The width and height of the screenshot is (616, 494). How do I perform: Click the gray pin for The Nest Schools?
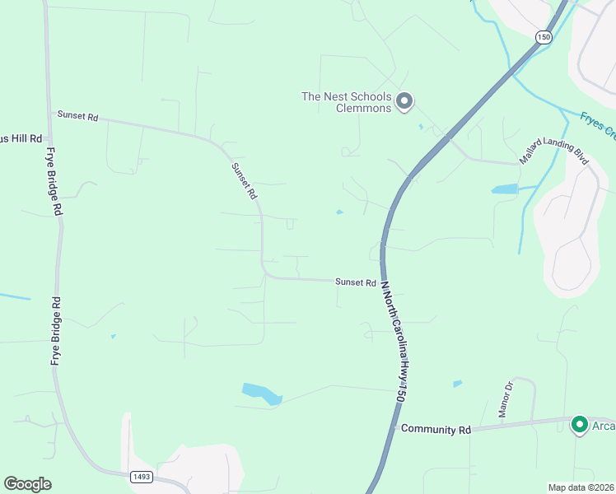(404, 102)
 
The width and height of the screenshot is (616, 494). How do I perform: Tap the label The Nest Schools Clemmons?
(346, 102)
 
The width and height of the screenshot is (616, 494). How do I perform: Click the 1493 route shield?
(140, 476)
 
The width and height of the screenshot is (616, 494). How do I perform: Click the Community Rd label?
(436, 429)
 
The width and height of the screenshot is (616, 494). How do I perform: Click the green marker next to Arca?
(579, 425)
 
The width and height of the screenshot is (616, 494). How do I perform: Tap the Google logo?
(27, 484)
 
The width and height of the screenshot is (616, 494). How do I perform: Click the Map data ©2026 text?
(581, 487)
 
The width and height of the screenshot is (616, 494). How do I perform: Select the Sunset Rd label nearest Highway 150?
(356, 282)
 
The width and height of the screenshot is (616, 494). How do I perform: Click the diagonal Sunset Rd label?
(245, 181)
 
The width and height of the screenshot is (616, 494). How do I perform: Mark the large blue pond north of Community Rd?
(262, 394)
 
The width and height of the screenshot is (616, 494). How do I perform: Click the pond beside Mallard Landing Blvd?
(504, 189)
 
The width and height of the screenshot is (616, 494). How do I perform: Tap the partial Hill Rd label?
(21, 138)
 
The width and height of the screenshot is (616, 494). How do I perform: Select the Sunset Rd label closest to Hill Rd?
(77, 116)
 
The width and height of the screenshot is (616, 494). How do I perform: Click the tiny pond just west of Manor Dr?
(457, 384)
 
